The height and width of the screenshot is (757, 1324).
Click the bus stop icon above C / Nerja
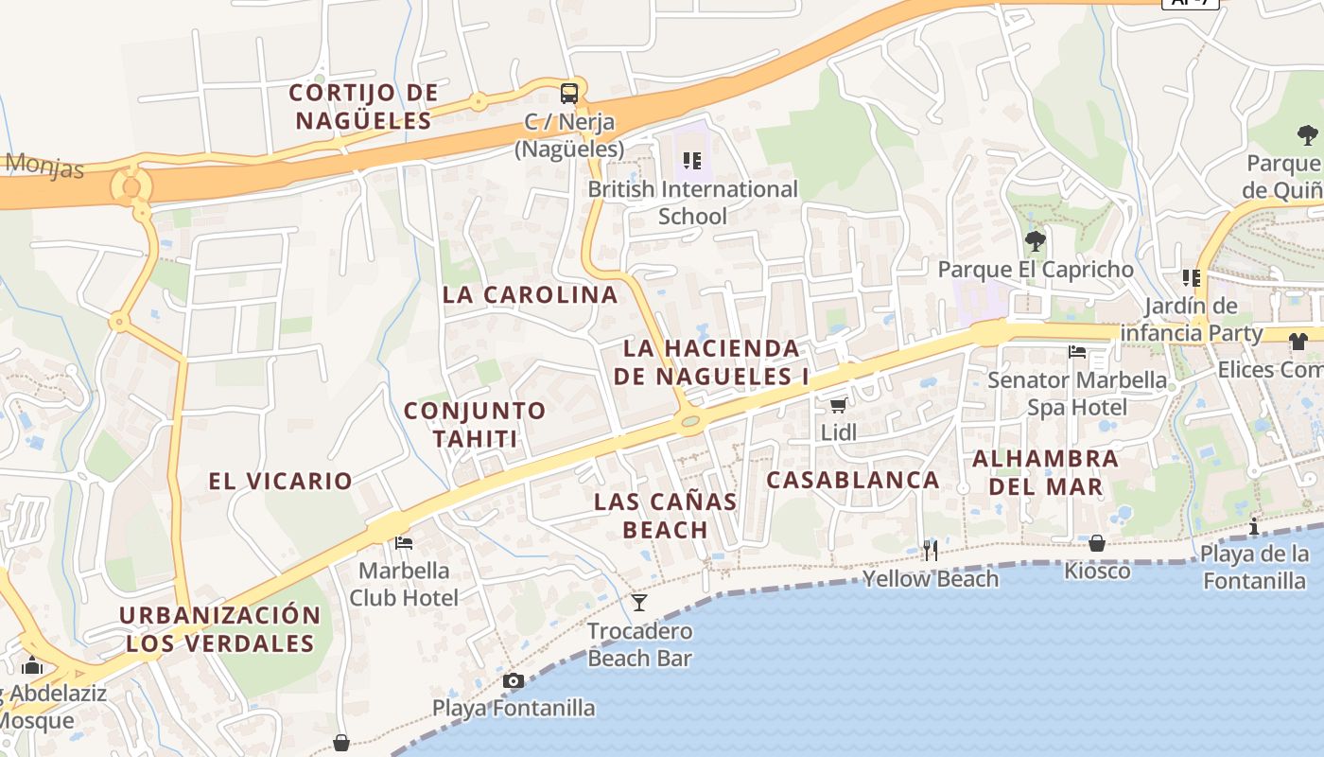point(568,93)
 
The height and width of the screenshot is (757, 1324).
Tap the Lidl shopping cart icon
point(837,406)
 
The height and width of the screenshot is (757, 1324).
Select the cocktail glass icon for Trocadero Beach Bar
point(639,602)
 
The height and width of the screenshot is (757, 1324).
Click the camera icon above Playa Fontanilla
point(514,680)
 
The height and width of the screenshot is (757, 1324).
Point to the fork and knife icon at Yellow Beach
point(931,551)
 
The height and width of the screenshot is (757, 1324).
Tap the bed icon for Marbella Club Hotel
point(404,542)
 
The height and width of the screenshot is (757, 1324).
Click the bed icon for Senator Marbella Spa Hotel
point(1077,352)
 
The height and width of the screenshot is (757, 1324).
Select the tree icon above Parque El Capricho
point(1036,240)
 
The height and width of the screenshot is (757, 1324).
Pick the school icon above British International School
point(692,161)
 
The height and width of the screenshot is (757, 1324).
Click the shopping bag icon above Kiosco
point(1097,543)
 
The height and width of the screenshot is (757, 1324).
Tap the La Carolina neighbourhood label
point(530,294)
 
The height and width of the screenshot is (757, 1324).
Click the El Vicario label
point(280,481)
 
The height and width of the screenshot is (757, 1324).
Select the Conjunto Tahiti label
point(475,425)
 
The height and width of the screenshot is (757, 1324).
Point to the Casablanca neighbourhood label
point(852,480)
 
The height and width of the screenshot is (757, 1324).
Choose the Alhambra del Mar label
point(1045,473)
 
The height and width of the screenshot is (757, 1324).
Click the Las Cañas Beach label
point(665,516)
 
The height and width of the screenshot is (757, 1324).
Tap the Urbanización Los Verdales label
point(220,629)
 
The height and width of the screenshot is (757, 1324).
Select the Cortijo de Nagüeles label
point(364,107)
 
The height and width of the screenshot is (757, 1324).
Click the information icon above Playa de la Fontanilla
point(1254,526)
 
